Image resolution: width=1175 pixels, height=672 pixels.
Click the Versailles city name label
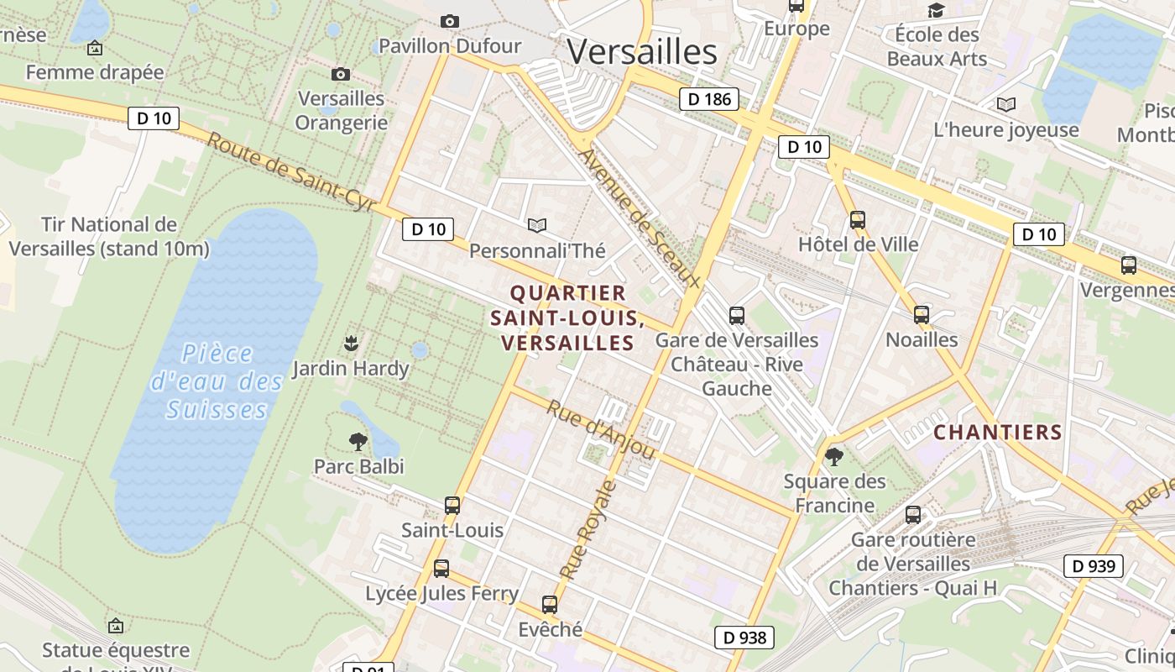(642, 52)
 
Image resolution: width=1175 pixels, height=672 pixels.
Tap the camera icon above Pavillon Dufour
(450, 21)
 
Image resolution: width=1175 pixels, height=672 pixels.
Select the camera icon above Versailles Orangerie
(341, 74)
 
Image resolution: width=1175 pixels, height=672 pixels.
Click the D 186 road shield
(709, 99)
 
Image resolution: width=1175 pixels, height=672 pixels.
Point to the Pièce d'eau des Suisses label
(217, 381)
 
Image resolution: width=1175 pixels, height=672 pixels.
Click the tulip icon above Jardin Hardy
(351, 343)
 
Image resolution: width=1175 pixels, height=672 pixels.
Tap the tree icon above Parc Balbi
(358, 441)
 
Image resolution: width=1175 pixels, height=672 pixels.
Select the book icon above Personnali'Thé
(537, 225)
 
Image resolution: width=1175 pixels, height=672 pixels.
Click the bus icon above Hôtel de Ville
(858, 220)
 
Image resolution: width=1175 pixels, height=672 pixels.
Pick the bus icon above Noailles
(922, 315)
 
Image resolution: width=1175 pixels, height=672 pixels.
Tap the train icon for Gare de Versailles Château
(737, 316)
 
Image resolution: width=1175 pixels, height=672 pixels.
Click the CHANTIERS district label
(998, 433)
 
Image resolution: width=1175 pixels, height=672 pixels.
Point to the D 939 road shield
(1094, 566)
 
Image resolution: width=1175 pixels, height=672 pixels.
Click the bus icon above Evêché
(550, 604)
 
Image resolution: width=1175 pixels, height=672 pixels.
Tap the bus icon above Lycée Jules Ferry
(441, 569)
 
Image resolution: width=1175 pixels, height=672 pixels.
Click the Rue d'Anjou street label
(601, 429)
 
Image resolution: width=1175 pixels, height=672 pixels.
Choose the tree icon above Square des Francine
(834, 457)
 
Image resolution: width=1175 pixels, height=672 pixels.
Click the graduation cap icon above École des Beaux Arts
(936, 10)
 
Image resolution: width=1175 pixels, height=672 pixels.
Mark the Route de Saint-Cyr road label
(290, 171)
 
